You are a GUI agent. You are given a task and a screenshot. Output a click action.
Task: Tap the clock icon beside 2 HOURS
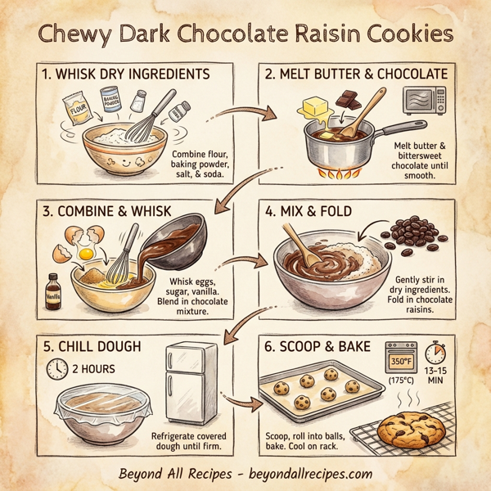pos(56,368)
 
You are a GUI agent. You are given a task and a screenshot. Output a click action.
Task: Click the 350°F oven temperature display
pos(403,360)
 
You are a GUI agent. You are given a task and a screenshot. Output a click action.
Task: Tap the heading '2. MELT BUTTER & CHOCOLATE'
pos(357,74)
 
